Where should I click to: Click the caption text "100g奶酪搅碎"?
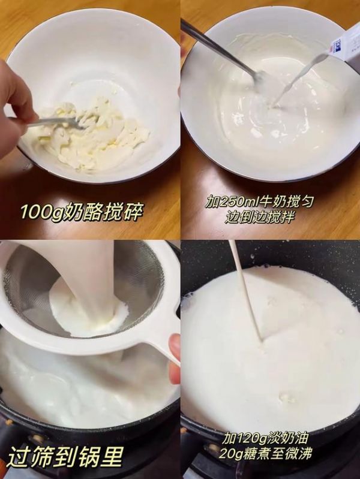pos(82,212)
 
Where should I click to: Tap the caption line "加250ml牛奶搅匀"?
pos(259,202)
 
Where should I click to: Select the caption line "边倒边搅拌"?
pos(260,217)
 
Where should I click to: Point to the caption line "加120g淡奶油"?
pos(265,439)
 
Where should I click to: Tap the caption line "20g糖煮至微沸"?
pos(265,453)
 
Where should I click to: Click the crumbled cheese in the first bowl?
pos(92,134)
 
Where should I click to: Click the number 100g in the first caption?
pos(41,212)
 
